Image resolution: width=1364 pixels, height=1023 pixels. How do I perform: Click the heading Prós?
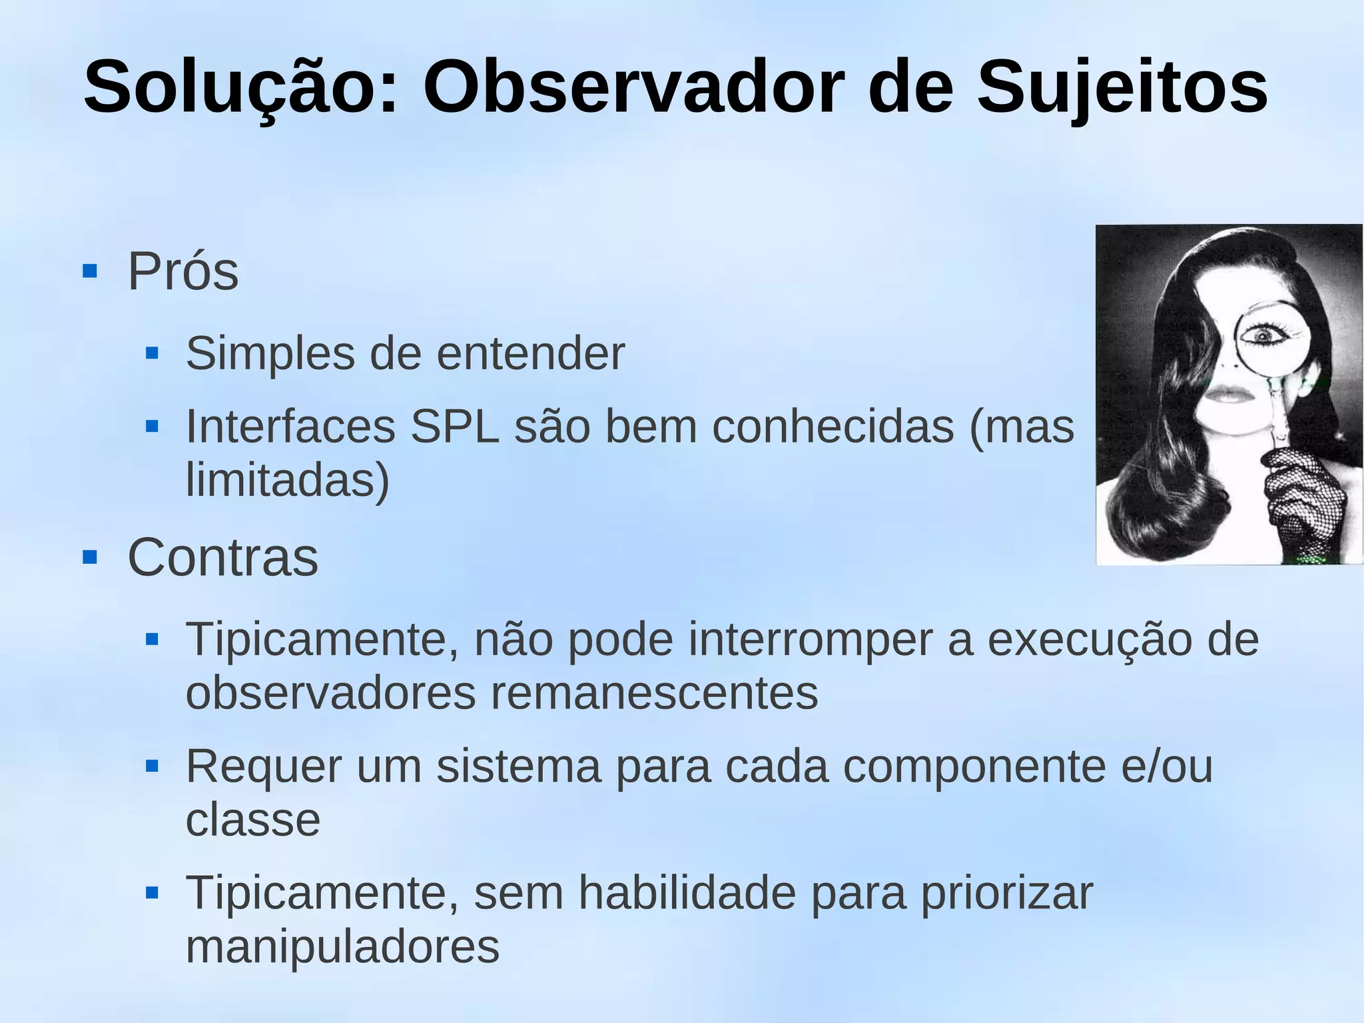click(x=182, y=271)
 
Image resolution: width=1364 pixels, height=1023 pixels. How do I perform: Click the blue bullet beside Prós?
click(x=90, y=271)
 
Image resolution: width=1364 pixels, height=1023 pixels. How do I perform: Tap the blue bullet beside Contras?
click(x=90, y=557)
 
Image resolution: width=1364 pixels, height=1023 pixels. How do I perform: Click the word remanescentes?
click(x=654, y=692)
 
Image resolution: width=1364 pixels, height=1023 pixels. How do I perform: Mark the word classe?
click(x=252, y=820)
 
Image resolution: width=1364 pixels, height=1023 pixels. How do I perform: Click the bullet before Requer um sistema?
click(x=152, y=766)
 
